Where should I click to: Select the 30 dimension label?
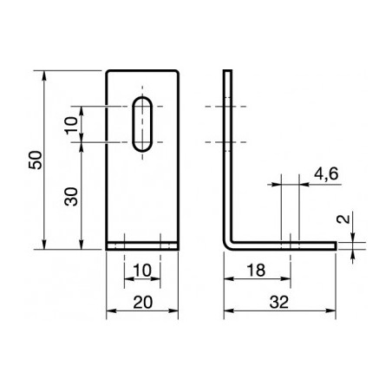[73, 196]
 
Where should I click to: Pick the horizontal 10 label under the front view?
[142, 271]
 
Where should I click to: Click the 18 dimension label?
[257, 271]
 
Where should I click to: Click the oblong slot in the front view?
[143, 125]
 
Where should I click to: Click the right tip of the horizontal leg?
[334, 246]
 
